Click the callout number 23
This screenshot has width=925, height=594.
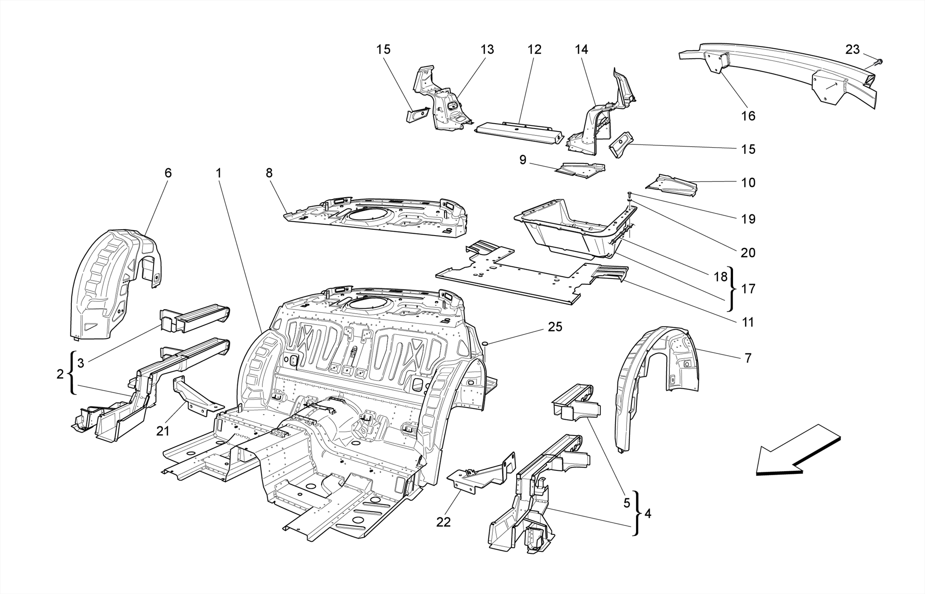click(852, 50)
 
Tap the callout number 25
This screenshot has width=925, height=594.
click(555, 327)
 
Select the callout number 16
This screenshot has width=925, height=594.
click(748, 116)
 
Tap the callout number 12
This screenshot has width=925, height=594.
click(534, 50)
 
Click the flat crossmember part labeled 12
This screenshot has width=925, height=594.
click(519, 131)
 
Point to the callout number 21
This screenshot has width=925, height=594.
click(163, 431)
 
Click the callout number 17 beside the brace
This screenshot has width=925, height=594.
click(748, 289)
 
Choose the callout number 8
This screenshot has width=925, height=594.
click(269, 173)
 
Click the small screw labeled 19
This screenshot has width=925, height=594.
click(629, 194)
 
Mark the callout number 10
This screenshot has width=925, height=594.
click(748, 183)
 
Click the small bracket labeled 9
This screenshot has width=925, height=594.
click(580, 171)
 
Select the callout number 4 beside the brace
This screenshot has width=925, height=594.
click(648, 514)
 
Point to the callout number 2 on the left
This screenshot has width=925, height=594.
click(60, 374)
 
